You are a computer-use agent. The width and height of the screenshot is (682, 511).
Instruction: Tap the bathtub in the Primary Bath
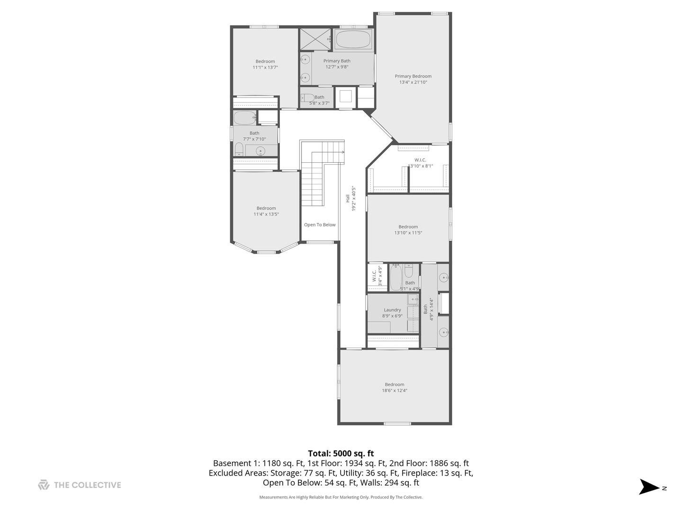[353, 40]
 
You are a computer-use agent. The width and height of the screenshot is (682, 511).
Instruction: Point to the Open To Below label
[320, 225]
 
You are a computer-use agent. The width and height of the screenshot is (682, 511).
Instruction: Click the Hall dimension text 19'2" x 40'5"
[353, 198]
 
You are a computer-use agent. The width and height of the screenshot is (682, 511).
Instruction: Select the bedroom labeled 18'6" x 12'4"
[394, 388]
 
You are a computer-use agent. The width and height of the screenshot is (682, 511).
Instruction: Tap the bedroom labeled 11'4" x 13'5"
[266, 211]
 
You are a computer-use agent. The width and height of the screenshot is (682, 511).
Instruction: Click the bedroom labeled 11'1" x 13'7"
[265, 64]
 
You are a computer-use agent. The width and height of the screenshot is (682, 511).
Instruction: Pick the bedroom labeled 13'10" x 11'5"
[408, 229]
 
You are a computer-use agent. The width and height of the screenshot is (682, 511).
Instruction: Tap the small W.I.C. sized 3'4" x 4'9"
[377, 276]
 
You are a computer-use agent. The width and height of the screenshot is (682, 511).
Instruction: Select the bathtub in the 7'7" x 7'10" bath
[244, 118]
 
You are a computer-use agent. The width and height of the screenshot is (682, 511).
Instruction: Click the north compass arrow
[649, 487]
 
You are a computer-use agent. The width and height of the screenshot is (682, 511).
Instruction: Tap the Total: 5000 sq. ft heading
[341, 453]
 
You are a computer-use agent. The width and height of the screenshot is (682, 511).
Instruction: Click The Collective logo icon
[44, 485]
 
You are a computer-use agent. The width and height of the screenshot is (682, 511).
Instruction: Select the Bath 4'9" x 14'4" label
[428, 309]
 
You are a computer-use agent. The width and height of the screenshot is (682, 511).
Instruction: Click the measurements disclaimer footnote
[341, 497]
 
